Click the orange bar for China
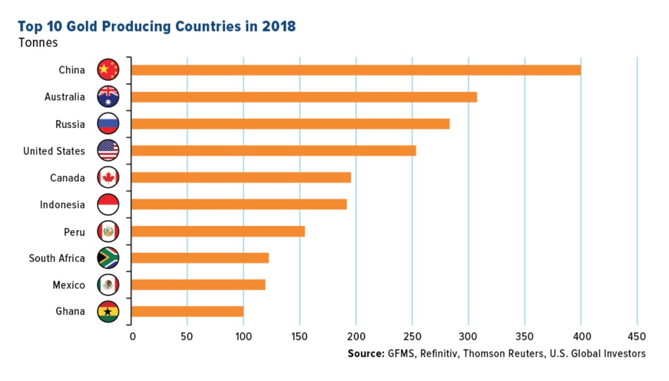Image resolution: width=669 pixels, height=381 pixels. point(356,70)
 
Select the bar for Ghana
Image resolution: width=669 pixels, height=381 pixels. point(188,312)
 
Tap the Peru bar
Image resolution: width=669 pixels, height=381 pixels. point(218,232)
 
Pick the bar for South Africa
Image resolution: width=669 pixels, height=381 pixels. point(200,258)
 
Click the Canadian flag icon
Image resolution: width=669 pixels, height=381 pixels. point(108,177)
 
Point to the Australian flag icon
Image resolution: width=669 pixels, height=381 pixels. point(108,97)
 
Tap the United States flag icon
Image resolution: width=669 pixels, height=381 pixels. point(108,151)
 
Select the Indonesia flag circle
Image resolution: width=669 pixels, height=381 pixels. point(108,205)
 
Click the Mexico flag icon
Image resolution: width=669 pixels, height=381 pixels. point(108,285)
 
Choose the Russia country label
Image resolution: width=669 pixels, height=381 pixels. point(70,124)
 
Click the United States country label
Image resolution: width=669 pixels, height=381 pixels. point(54,151)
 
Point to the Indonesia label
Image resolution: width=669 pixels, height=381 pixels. point(62,205)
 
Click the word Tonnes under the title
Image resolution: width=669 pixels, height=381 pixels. point(38,43)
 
